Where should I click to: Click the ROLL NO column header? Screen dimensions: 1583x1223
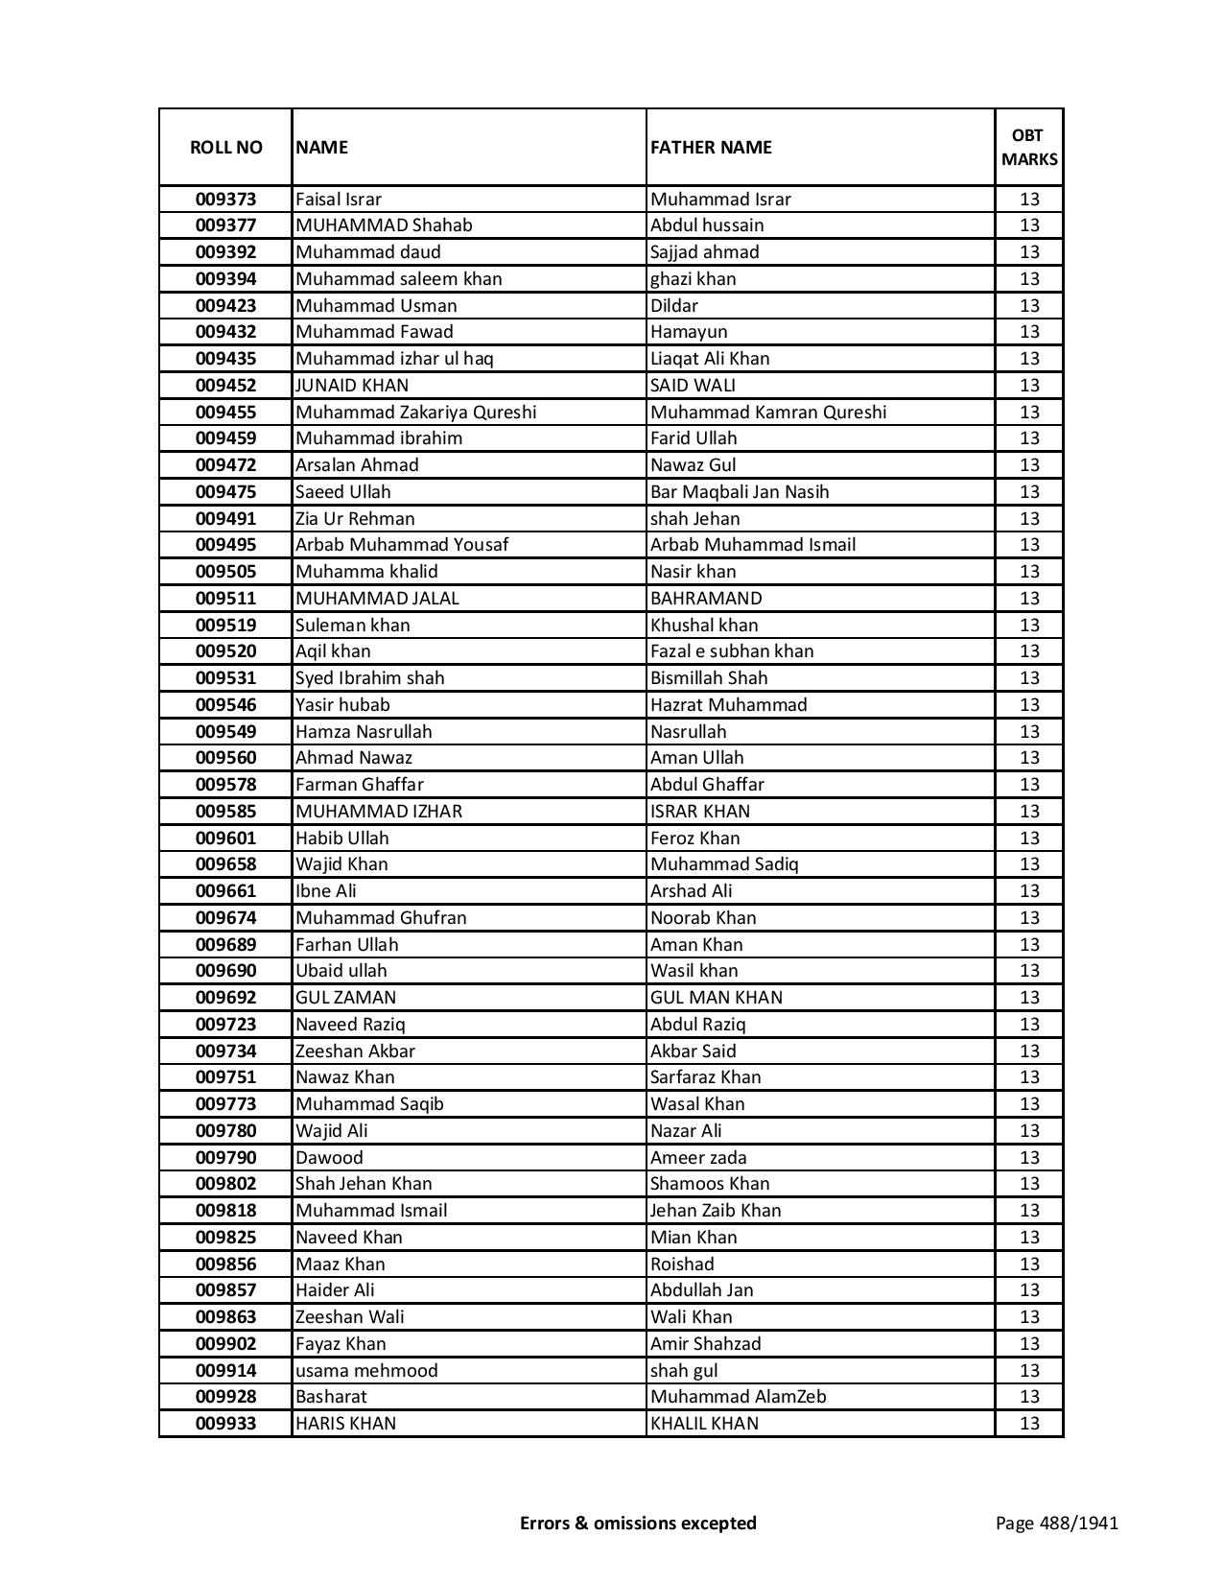click(x=225, y=147)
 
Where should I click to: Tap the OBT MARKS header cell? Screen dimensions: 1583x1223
click(x=1029, y=147)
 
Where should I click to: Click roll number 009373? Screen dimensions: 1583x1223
click(x=225, y=200)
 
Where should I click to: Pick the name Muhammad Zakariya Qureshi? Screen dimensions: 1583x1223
click(x=415, y=413)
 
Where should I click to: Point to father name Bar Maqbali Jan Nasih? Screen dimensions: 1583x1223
click(x=740, y=492)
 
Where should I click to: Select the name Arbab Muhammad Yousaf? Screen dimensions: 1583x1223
click(x=402, y=545)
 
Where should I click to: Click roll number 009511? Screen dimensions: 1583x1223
click(x=225, y=599)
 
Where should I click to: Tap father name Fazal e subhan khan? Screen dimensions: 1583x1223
click(x=732, y=651)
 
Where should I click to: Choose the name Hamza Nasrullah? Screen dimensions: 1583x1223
click(x=364, y=731)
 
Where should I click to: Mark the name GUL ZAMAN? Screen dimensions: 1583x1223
click(x=345, y=998)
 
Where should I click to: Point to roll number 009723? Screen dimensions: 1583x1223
click(x=225, y=1025)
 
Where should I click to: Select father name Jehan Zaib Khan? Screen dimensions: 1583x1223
click(x=716, y=1211)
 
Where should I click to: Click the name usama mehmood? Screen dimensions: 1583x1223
click(x=366, y=1371)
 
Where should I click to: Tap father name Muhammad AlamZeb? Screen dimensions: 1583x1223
click(x=738, y=1397)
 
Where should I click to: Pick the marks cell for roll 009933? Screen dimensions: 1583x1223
click(x=1029, y=1424)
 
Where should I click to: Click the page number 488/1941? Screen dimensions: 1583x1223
click(x=1056, y=1523)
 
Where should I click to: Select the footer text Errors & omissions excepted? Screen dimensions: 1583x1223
click(x=638, y=1523)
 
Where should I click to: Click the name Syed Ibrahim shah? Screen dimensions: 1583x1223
click(x=369, y=678)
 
